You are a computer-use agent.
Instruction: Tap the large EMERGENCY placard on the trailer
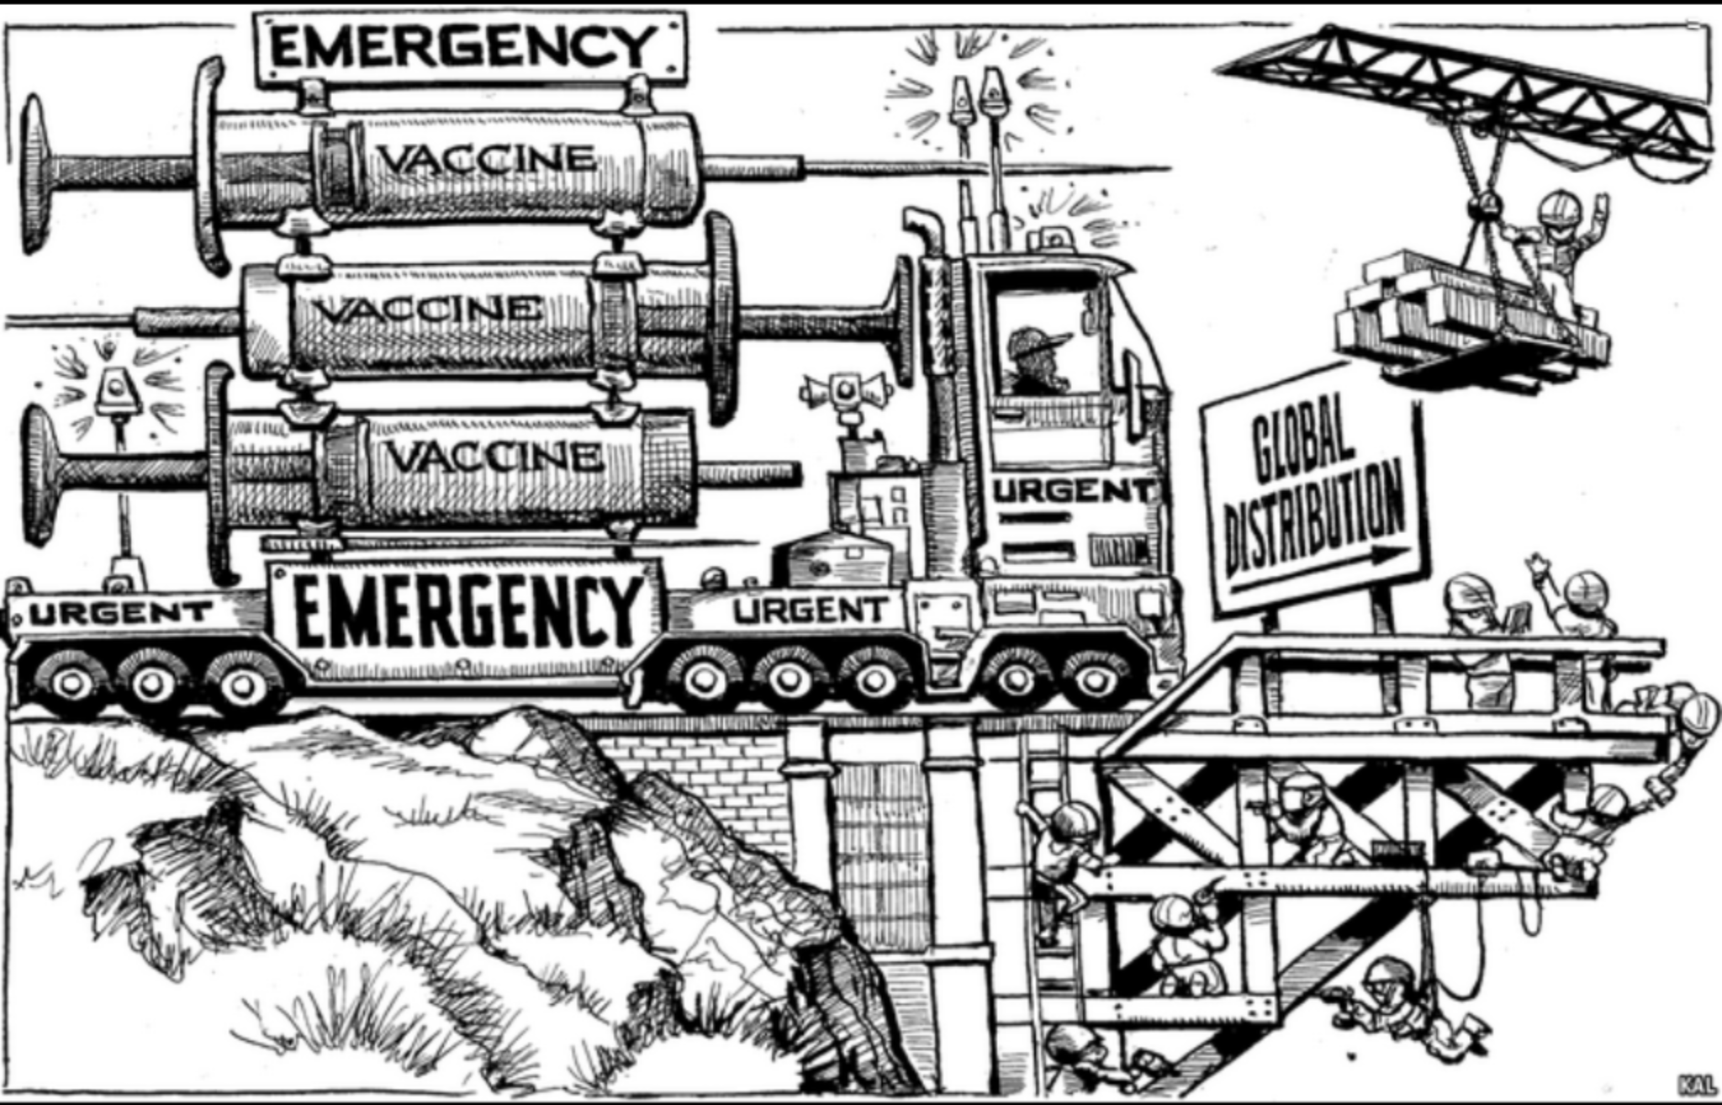[x=465, y=610]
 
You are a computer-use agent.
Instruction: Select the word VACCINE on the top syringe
[x=487, y=157]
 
